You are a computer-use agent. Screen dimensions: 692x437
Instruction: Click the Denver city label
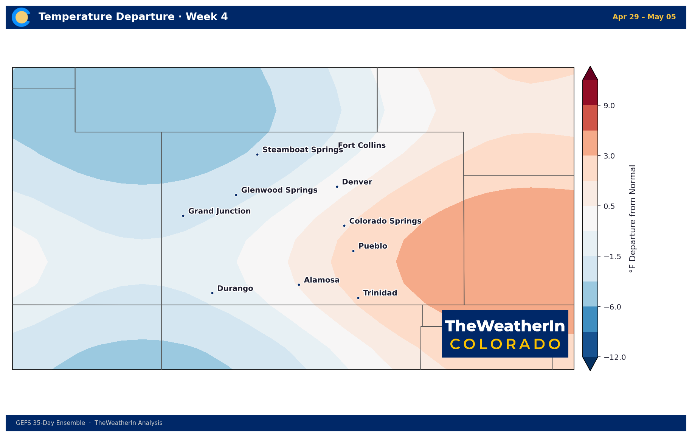coord(357,182)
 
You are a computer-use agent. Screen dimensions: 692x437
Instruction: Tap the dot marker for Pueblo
coord(353,251)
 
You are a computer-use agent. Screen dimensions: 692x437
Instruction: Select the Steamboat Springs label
coord(303,150)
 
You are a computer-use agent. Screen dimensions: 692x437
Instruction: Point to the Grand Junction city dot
coord(183,216)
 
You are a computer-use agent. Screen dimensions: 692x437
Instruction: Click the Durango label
coord(235,289)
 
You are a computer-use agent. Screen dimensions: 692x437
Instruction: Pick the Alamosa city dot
coord(299,285)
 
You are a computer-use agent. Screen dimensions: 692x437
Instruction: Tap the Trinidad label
coord(380,293)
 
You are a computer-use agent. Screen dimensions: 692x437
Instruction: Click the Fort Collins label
coord(362,145)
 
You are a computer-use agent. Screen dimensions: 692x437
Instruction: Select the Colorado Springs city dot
coord(344,225)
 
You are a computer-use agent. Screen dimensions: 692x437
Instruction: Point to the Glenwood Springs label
coord(279,190)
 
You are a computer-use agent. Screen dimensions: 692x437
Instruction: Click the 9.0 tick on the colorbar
coord(609,106)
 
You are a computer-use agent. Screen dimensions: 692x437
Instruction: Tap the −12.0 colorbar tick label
coord(615,357)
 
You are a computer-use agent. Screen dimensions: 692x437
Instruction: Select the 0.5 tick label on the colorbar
coord(609,206)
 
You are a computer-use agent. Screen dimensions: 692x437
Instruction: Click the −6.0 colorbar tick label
coord(613,307)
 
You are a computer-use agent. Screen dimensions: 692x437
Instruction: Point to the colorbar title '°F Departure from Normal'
coord(633,219)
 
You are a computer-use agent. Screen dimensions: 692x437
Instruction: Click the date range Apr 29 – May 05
coord(644,17)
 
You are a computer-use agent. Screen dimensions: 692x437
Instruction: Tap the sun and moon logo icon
coord(21,17)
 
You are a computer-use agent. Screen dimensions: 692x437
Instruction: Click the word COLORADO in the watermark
coord(505,344)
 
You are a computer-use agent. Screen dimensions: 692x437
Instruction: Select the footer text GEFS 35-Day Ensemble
coord(50,423)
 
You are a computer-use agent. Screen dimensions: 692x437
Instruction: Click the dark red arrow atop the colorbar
coord(590,74)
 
